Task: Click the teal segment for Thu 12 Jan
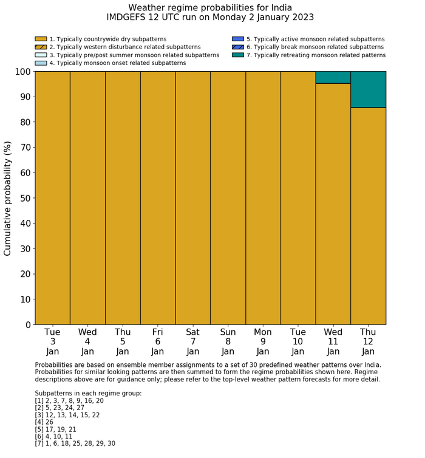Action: (x=368, y=89)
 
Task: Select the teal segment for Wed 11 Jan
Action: (x=333, y=77)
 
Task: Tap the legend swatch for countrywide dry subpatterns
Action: (x=41, y=39)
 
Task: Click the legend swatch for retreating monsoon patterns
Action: (x=238, y=55)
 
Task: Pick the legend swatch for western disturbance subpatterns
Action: (x=41, y=47)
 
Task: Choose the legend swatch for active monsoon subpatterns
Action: (x=238, y=39)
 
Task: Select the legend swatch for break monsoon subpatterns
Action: (x=238, y=47)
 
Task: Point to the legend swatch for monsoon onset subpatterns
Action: (x=41, y=63)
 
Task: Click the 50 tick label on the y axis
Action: (x=24, y=198)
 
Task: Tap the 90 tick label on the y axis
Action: (x=24, y=97)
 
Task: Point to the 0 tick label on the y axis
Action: (x=27, y=325)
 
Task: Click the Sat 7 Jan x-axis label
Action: (x=193, y=341)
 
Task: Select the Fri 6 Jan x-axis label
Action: (x=158, y=341)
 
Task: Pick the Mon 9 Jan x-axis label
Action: (x=263, y=341)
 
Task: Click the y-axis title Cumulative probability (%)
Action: (x=8, y=198)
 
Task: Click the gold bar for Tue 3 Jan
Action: (x=52, y=198)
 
